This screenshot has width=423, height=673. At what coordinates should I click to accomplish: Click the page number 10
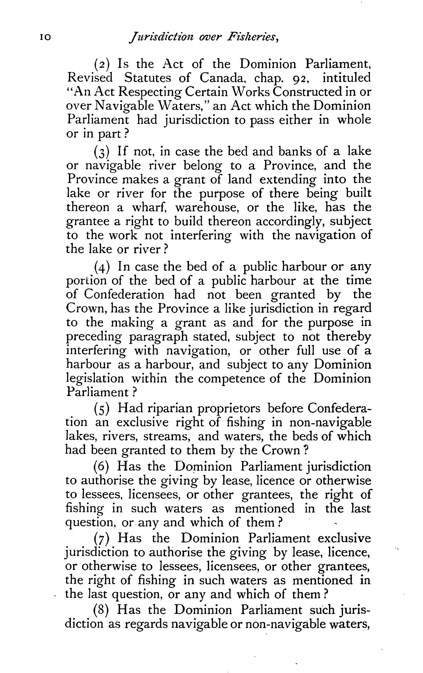pos(45,37)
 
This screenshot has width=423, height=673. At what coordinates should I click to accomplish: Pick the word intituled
pos(347,78)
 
